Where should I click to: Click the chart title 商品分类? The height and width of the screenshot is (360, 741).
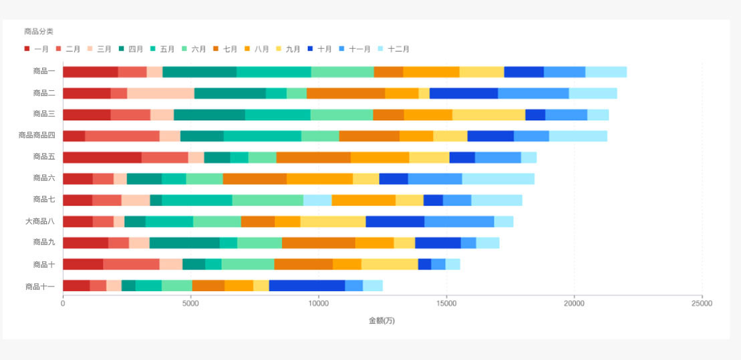point(39,31)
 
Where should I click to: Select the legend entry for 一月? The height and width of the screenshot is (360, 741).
point(36,49)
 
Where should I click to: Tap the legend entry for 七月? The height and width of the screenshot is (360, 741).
point(225,49)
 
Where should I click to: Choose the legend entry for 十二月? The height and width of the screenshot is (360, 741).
point(394,49)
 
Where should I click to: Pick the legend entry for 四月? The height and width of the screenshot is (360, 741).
point(131,49)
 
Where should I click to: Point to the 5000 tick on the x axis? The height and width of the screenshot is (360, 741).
point(190,303)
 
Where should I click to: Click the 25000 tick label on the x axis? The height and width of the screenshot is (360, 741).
point(702,303)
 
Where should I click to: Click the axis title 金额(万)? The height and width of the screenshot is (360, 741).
point(382,321)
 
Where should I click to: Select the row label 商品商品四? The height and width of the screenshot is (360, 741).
point(37,136)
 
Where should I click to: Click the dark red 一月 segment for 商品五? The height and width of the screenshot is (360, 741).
point(102,158)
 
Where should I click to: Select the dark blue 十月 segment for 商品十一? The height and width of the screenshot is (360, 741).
point(307,286)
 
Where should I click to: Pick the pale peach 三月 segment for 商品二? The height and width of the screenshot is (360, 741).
point(160,94)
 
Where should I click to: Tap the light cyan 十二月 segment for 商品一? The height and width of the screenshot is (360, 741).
point(606,72)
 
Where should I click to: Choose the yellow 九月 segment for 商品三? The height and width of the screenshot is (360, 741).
point(488,115)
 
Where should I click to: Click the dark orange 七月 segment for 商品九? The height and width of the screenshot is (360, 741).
point(318,243)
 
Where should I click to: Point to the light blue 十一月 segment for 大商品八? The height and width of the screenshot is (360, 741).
point(459,222)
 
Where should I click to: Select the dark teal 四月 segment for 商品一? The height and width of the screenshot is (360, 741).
point(199,72)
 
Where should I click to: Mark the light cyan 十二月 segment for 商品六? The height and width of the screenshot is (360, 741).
point(498,179)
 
